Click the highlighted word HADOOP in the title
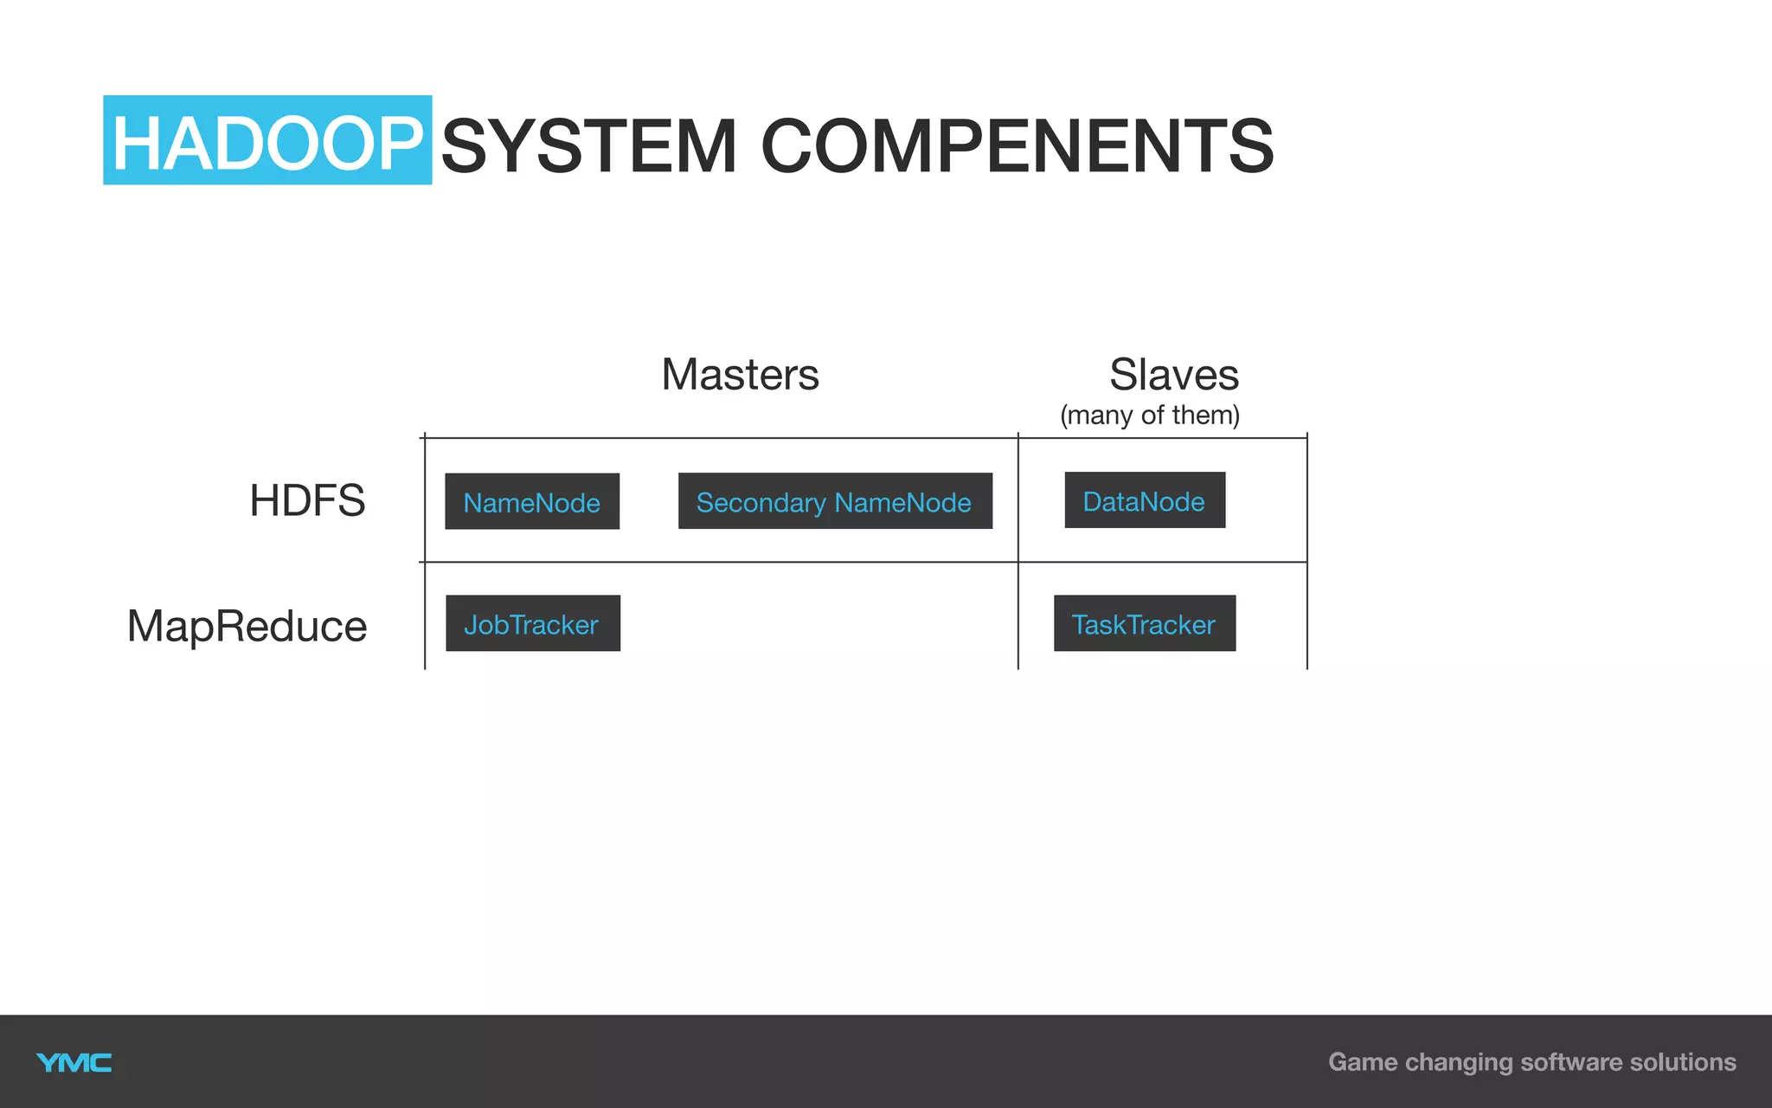click(266, 142)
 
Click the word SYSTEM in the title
click(588, 145)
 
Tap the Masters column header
click(740, 375)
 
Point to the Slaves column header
click(1173, 375)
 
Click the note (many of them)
click(1149, 415)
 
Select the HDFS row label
click(307, 500)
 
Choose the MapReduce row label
click(247, 626)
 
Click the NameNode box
click(532, 501)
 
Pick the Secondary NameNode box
click(835, 501)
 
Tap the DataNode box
click(1144, 500)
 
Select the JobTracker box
click(532, 623)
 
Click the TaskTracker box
click(1144, 623)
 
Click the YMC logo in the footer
click(74, 1063)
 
